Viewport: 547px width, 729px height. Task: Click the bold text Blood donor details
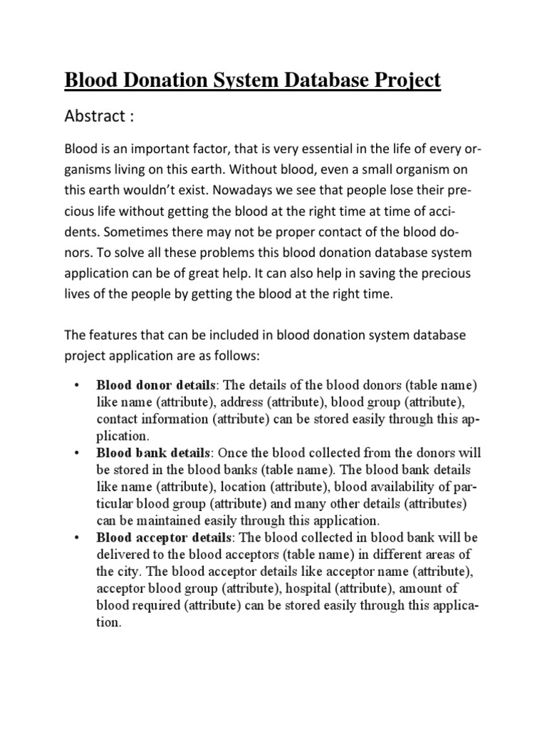(x=153, y=385)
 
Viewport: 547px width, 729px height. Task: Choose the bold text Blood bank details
(x=152, y=453)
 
